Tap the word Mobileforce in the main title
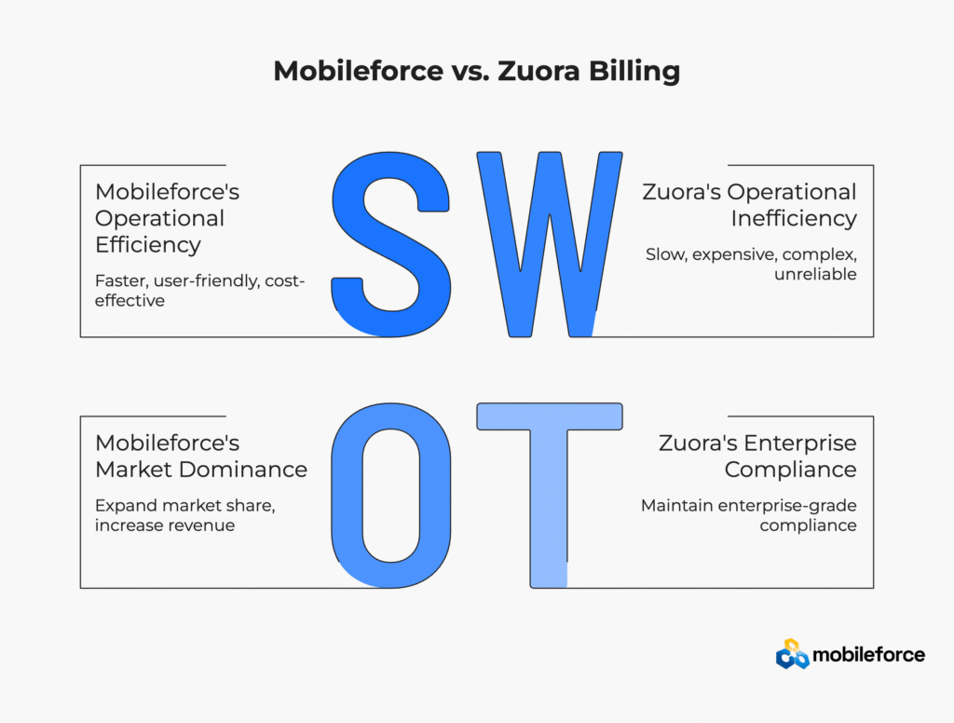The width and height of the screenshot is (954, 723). click(359, 71)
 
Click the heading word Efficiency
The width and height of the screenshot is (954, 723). click(148, 245)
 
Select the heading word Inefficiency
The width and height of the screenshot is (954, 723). click(794, 218)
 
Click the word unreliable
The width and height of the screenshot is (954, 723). click(815, 274)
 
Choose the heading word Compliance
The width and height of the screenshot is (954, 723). click(790, 470)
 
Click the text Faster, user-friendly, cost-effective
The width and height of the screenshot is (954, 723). click(199, 291)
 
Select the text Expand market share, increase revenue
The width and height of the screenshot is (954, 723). click(185, 515)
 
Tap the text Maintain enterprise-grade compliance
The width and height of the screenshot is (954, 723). click(749, 515)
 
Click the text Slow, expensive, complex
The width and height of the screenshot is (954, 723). click(752, 254)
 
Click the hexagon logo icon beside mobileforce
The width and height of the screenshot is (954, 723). click(792, 654)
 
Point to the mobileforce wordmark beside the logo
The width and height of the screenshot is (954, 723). click(869, 655)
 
